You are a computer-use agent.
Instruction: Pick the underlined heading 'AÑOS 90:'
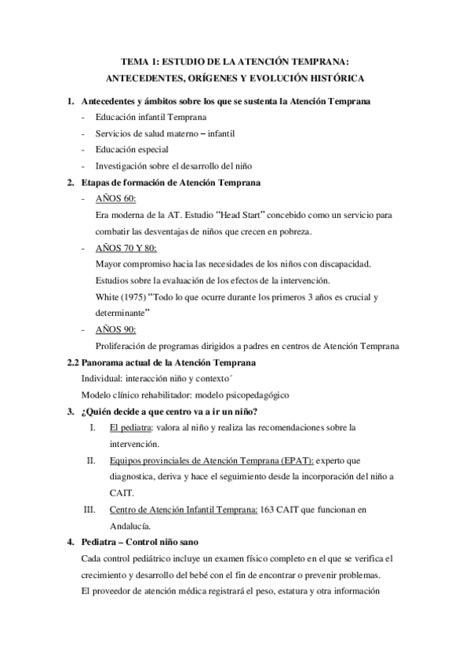pyautogui.click(x=115, y=329)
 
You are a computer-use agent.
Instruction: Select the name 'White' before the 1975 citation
pyautogui.click(x=105, y=296)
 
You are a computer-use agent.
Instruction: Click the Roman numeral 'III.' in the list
pyautogui.click(x=89, y=510)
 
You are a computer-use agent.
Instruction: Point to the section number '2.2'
pyautogui.click(x=72, y=362)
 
